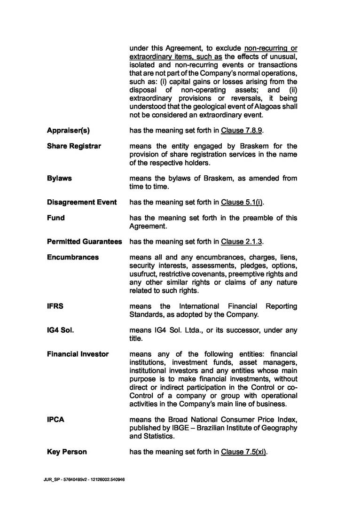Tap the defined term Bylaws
tap(59, 179)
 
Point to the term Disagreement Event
tap(82, 202)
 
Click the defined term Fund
tap(56, 218)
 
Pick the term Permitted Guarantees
tap(85, 242)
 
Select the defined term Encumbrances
tap(73, 258)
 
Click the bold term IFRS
tap(55, 306)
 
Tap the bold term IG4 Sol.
tap(60, 330)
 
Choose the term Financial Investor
tap(78, 354)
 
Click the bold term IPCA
tap(55, 419)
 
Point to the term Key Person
tap(67, 452)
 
